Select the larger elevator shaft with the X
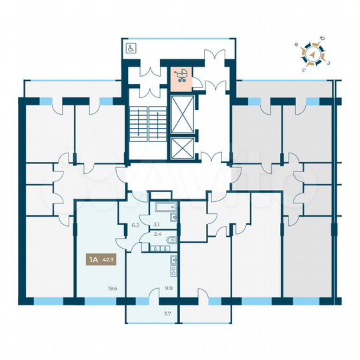(181, 115)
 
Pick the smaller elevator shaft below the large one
(181, 149)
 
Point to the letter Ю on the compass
(322, 41)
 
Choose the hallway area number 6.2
(135, 225)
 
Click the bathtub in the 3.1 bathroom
(161, 207)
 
